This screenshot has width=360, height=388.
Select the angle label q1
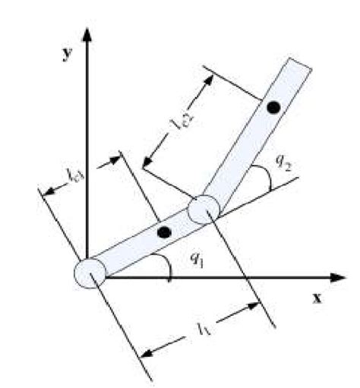197,257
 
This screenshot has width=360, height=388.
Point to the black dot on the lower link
163,232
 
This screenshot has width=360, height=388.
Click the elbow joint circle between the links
203,209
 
